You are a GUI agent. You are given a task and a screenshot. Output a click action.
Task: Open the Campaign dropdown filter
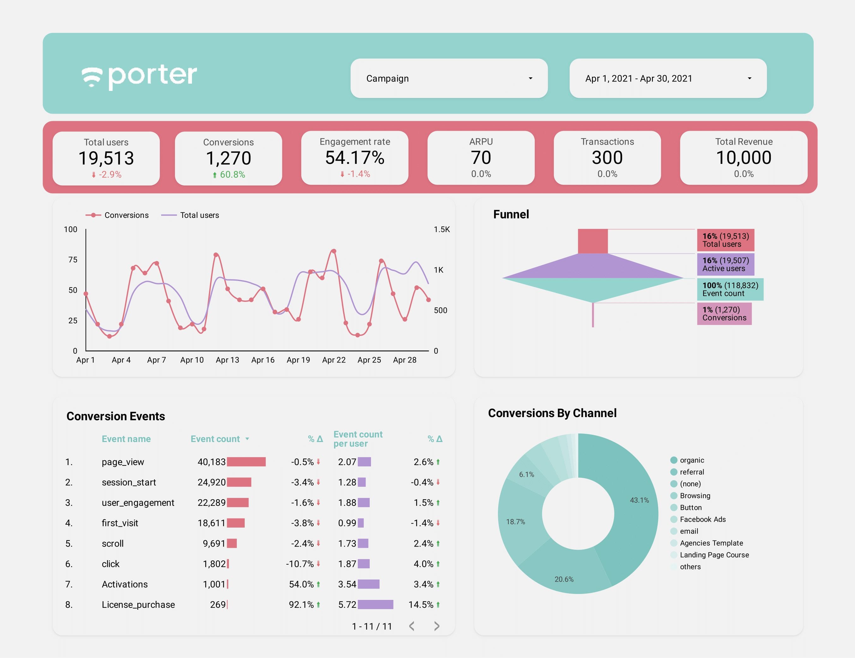449,78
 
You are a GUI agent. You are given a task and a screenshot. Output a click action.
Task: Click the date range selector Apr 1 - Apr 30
667,78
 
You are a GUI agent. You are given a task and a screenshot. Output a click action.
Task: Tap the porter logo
139,76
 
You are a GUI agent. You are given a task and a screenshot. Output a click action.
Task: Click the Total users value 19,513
106,158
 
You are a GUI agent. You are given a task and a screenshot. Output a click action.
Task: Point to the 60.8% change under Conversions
232,175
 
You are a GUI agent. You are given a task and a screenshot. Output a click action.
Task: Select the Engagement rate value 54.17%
355,157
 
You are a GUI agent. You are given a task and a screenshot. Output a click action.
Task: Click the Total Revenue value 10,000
744,157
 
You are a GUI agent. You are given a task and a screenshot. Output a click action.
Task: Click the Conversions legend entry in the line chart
126,215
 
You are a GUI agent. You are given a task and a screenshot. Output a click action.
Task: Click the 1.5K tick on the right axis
442,229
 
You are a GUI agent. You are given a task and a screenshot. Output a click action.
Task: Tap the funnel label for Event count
730,289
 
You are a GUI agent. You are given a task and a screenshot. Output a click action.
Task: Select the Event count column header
215,439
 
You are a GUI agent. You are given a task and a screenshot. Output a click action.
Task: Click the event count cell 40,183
212,462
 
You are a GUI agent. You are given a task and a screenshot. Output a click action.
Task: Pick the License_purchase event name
138,605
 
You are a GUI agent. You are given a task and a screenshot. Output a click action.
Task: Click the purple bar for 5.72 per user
375,605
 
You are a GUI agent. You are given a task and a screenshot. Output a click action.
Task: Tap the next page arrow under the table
437,626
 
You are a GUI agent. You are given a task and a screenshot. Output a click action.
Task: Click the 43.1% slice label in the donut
639,500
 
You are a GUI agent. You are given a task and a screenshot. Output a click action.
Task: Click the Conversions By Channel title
552,413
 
